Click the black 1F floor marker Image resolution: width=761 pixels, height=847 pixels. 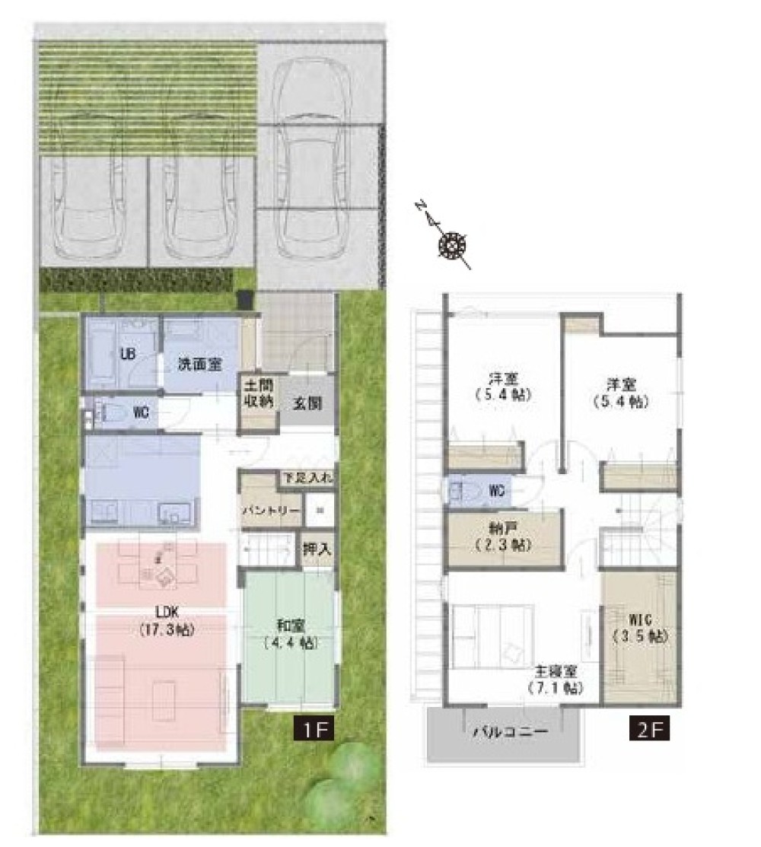click(314, 728)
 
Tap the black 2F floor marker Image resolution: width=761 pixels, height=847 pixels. click(649, 728)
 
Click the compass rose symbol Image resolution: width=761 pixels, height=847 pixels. click(452, 246)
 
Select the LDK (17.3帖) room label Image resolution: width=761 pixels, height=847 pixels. click(167, 621)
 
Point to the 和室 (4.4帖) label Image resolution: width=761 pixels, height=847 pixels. click(291, 634)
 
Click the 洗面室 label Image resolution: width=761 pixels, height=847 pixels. click(200, 364)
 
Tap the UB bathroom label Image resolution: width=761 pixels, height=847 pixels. click(128, 355)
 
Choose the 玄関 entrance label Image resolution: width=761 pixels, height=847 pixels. click(308, 403)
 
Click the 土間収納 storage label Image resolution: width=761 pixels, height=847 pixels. click(259, 393)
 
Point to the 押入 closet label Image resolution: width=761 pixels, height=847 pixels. click(317, 550)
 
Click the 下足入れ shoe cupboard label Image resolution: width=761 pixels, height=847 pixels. click(309, 478)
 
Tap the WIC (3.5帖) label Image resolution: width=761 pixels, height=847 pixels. click(641, 629)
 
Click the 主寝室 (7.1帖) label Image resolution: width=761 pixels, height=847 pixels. click(556, 680)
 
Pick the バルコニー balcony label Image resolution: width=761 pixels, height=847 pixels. click(511, 733)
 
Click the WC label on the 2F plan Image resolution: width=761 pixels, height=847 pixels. click(496, 491)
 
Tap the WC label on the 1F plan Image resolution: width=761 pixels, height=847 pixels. click(141, 414)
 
